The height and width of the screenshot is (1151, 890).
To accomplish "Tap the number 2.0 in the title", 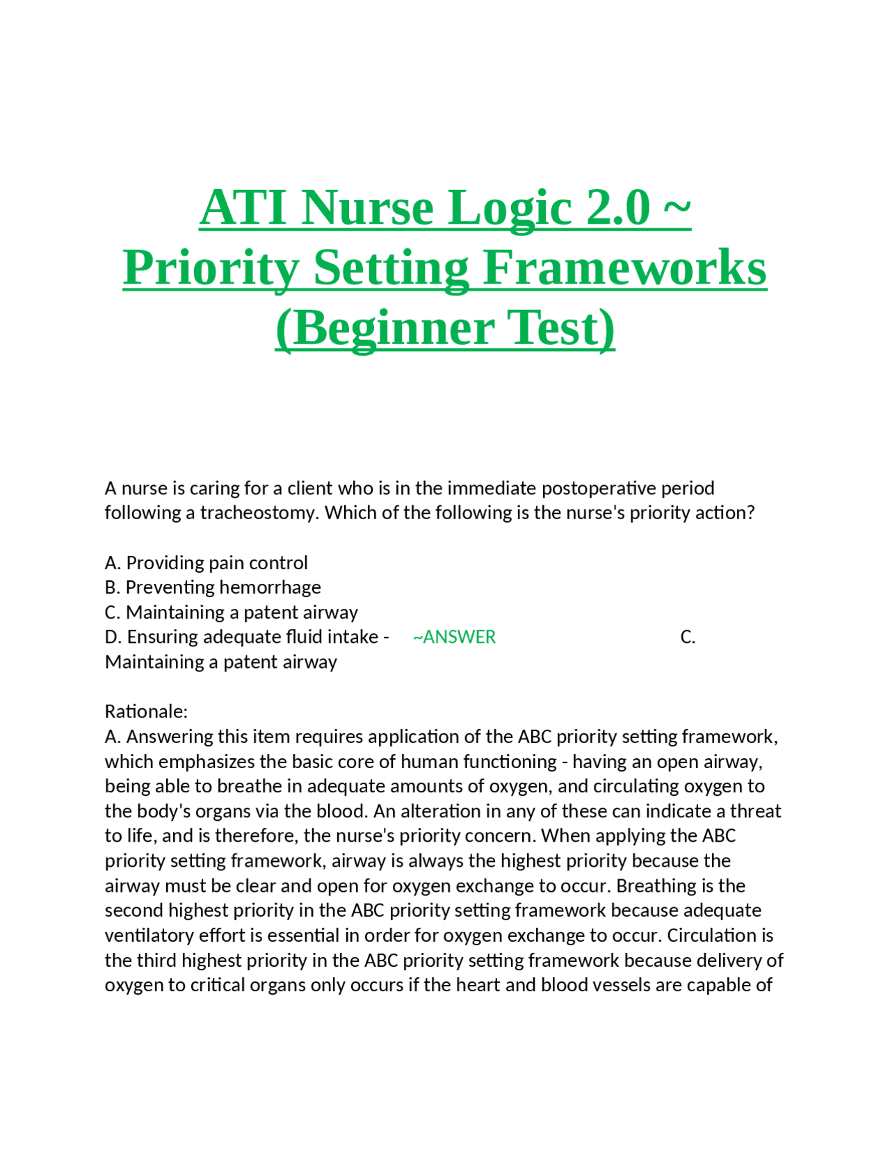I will coord(618,207).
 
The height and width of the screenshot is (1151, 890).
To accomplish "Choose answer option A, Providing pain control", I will coord(207,562).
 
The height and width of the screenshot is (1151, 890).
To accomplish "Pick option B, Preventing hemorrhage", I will coord(213,587).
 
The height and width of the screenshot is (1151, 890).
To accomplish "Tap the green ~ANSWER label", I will coord(454,637).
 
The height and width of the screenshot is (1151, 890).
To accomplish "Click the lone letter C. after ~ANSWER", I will coord(688,637).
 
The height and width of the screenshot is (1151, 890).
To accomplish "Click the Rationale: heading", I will coord(146,711).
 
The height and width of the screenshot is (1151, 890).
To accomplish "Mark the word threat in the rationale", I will coord(756,811).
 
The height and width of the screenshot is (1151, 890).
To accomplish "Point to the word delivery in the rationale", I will coord(730,960).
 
